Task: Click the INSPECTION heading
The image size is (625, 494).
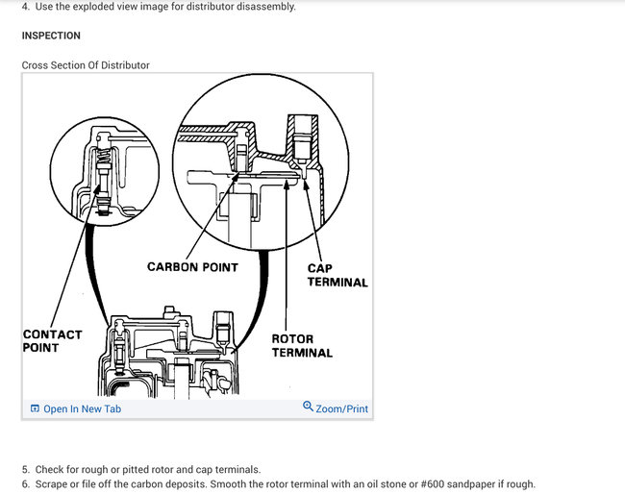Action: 51,36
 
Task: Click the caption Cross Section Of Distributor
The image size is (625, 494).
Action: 86,65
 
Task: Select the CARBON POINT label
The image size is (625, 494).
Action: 192,266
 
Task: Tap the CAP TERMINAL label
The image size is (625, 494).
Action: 337,275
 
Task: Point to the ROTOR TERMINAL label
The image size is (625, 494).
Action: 302,346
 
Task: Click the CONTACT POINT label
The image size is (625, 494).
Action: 52,341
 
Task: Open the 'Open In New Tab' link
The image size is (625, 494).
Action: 82,408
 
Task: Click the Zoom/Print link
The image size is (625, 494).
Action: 341,408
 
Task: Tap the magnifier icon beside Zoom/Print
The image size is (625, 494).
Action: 308,408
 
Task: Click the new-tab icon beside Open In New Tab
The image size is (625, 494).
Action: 35,408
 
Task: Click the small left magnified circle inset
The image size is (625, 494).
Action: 103,171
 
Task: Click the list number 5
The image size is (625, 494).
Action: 25,469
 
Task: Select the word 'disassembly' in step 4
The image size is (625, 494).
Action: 268,7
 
